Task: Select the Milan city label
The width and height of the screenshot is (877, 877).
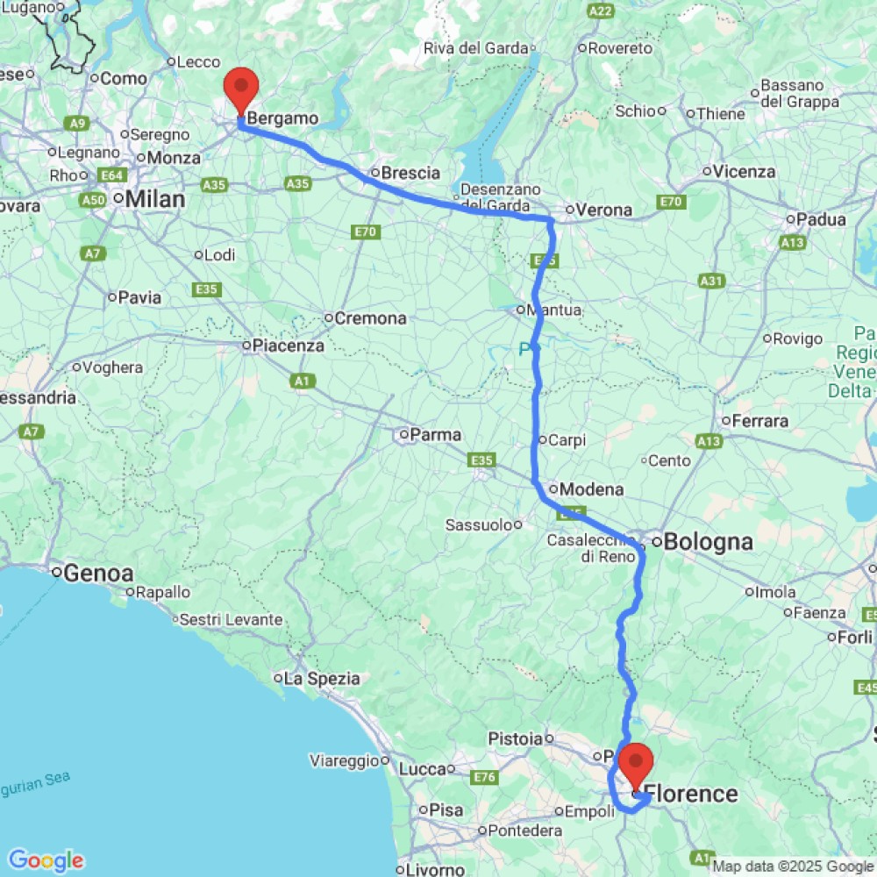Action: pos(154,200)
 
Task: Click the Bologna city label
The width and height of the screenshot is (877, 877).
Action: pos(708,542)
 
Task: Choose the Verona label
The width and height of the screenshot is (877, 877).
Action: pos(604,210)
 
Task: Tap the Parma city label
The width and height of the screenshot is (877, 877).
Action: pos(436,434)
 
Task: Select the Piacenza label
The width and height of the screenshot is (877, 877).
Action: pos(289,346)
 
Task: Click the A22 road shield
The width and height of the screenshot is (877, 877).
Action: pos(601,11)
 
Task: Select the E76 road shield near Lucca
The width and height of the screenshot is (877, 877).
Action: pos(484,776)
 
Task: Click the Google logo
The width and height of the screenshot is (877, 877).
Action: pos(46,860)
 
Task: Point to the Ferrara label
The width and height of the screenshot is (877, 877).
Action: pos(759,421)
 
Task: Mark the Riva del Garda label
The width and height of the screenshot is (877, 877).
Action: pos(477,48)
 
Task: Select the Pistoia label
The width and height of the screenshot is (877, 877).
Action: pos(516,739)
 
